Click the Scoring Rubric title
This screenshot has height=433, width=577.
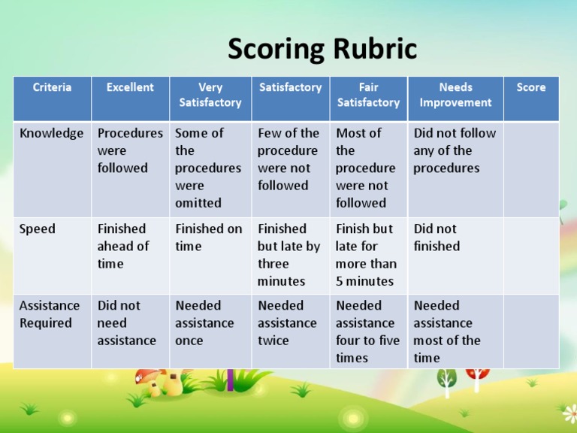point(322,50)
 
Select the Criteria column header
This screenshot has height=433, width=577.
point(53,87)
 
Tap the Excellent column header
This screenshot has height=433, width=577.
point(130,87)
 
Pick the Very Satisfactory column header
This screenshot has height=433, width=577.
point(210,95)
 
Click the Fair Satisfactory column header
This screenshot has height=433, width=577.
point(368,95)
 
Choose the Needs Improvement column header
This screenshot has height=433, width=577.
point(455,95)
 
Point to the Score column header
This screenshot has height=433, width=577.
point(531,87)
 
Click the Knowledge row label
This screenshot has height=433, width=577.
point(52,134)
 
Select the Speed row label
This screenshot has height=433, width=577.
point(38,229)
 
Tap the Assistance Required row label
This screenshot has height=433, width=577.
point(50,314)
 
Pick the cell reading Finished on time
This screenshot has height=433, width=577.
point(209,238)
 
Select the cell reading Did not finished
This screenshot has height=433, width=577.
point(437,238)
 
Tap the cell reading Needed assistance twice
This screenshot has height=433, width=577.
point(287,322)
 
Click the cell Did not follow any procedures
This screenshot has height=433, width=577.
point(455,150)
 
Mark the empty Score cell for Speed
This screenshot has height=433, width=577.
point(531,256)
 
